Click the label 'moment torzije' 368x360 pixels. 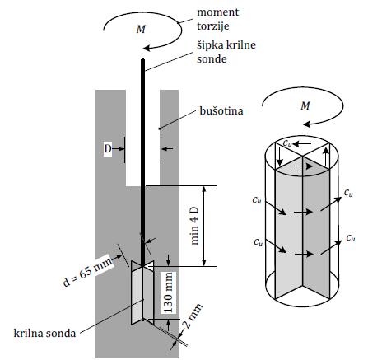[218, 19]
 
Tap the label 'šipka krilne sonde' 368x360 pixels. [226, 52]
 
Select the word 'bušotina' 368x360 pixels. [221, 110]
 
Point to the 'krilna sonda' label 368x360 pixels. [44, 333]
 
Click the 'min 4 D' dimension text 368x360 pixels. [194, 226]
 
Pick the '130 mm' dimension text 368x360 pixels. [169, 292]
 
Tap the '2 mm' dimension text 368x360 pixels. [193, 316]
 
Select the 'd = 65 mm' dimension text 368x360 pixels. [87, 272]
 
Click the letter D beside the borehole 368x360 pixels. [108, 149]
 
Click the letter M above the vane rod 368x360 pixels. [141, 29]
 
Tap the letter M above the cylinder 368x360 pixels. [305, 105]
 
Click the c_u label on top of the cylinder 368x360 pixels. [287, 143]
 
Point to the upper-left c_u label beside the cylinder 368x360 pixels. [257, 199]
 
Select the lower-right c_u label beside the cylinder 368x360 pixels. [351, 237]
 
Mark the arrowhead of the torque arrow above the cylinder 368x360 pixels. [306, 125]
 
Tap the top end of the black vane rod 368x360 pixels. [142, 59]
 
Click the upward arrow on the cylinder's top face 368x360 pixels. [326, 157]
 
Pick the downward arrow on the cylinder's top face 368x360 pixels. [279, 157]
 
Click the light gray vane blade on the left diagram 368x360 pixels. [137, 295]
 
